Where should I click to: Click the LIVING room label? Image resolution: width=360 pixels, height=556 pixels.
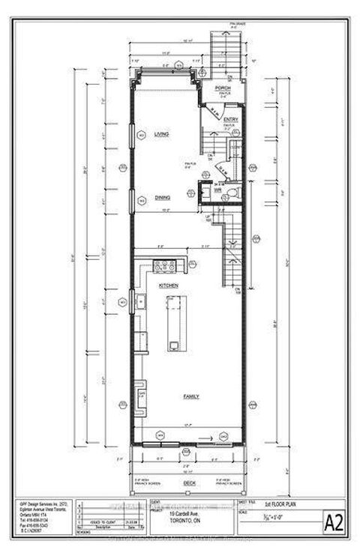pyautogui.click(x=161, y=134)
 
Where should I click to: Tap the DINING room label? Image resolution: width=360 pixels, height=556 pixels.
pyautogui.click(x=162, y=198)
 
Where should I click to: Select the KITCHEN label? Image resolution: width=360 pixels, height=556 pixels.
pyautogui.click(x=166, y=286)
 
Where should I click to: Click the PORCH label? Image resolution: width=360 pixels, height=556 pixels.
pyautogui.click(x=221, y=88)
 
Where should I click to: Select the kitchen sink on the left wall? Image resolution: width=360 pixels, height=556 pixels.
pyautogui.click(x=140, y=303)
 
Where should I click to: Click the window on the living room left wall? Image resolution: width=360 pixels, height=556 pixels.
pyautogui.click(x=141, y=135)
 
